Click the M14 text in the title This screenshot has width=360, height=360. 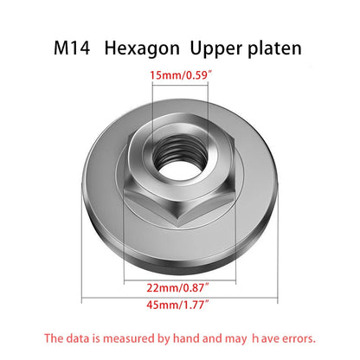tap(72, 48)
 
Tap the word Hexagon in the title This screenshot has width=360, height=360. tap(142, 49)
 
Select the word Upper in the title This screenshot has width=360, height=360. tap(215, 49)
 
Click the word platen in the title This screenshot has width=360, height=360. tap(274, 48)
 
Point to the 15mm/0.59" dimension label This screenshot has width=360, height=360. tap(181, 75)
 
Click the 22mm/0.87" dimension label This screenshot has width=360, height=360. tap(177, 287)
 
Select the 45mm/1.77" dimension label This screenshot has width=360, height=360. tap(177, 305)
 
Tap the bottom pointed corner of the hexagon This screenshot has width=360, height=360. tap(179, 226)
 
